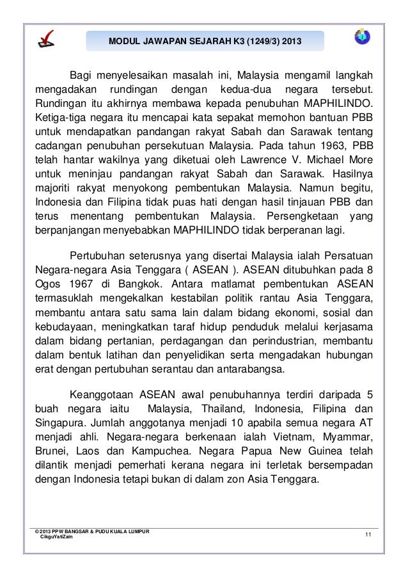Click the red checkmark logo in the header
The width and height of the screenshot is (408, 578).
coord(45,40)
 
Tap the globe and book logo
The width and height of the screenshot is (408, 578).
coord(362,38)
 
